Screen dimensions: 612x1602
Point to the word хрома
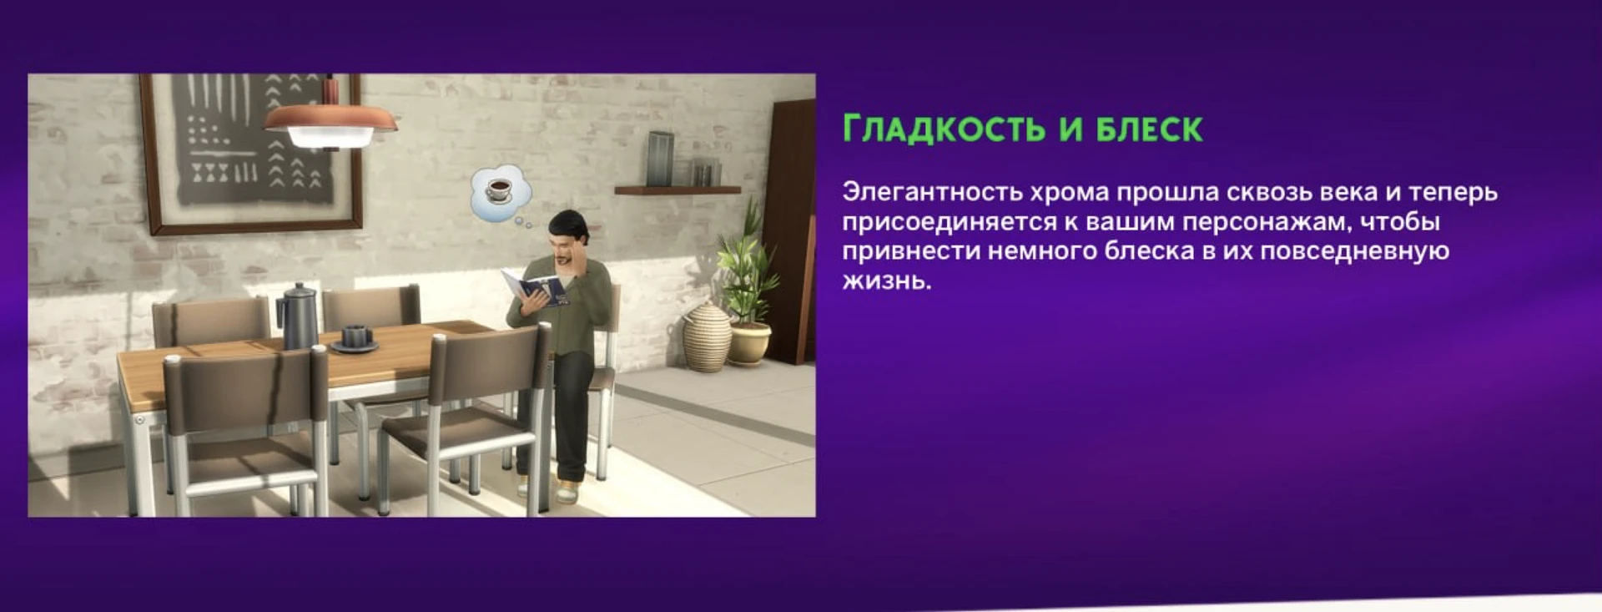[x=1069, y=192]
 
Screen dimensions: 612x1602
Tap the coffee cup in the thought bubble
[x=499, y=190]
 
